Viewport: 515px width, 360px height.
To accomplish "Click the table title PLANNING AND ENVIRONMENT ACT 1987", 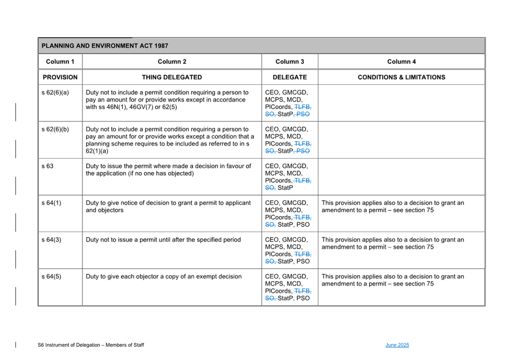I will click(105, 46).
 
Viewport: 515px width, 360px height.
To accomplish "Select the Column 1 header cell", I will click(60, 62).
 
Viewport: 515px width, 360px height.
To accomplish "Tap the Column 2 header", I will click(172, 62).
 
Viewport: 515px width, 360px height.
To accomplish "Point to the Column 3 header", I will click(290, 62).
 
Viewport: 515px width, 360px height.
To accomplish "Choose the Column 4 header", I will click(401, 62).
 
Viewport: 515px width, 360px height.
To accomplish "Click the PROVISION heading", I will click(60, 77).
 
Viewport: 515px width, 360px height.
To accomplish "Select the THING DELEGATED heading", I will click(172, 77).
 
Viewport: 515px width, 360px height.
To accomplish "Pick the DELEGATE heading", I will click(290, 77).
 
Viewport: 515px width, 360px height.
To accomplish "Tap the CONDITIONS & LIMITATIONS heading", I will click(401, 77).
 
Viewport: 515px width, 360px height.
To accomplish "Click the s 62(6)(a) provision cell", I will click(55, 93).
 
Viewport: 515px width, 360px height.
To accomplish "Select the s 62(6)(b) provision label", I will click(55, 129).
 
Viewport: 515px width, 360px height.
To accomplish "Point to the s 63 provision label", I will click(47, 166).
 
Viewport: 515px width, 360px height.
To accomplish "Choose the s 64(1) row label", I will click(51, 203).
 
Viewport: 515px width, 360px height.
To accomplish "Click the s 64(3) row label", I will click(51, 240).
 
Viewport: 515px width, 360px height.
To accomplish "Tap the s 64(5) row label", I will click(51, 277).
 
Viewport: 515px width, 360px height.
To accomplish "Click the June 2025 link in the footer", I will click(397, 345).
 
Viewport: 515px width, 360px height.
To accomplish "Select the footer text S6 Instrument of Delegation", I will click(91, 345).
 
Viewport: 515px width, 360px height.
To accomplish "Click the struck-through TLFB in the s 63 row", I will click(303, 181).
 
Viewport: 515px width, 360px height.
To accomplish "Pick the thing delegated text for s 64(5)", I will click(164, 277).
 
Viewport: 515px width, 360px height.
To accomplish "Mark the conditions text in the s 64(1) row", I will click(393, 207).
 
